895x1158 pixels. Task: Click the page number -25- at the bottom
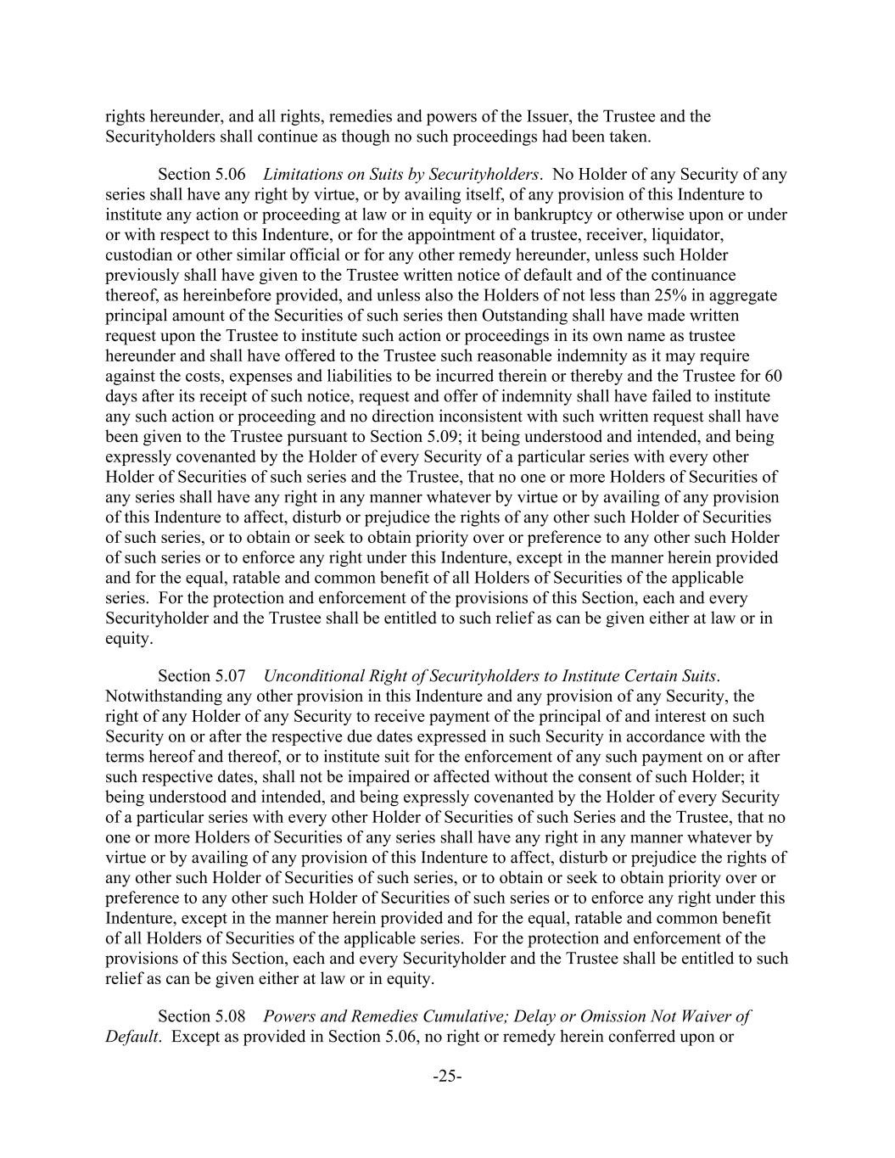[x=447, y=1077]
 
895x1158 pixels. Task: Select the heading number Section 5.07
[x=202, y=676]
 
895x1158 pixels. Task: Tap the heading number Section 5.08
[x=202, y=1016]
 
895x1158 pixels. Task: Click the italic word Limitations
[x=302, y=175]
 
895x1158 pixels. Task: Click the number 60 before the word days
[x=773, y=376]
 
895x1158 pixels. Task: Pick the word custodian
[x=140, y=255]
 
